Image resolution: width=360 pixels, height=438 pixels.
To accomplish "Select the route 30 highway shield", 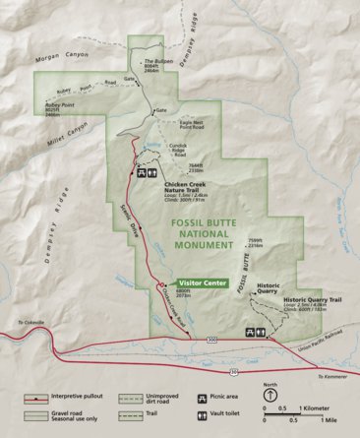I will pyautogui.click(x=233, y=372).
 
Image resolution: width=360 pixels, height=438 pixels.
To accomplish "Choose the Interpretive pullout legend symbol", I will pyautogui.click(x=39, y=399).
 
